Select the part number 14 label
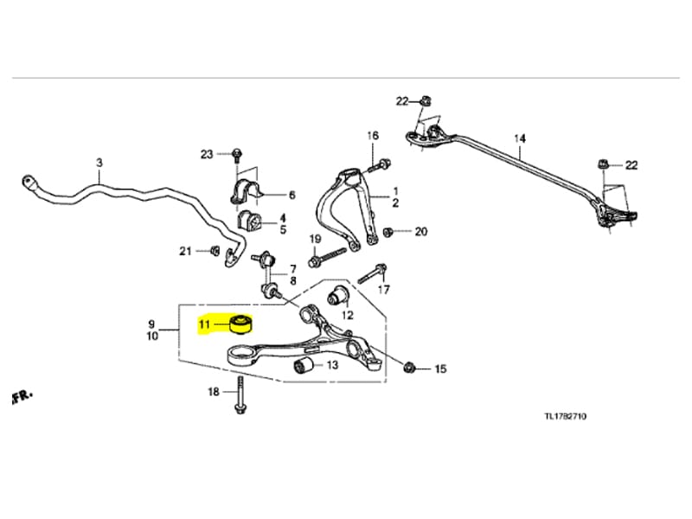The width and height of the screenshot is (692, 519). coord(519,138)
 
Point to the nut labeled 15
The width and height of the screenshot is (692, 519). coord(412,369)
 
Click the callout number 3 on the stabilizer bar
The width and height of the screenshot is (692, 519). coord(99,163)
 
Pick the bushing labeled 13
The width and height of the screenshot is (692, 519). coord(304,367)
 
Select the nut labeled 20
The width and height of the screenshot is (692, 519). coord(388,231)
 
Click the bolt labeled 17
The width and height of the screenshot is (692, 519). coord(370,273)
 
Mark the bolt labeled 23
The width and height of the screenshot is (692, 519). coord(235,154)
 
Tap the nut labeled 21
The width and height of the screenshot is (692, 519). coord(214,251)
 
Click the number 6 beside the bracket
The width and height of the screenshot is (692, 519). coord(292,195)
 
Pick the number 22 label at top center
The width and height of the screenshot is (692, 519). coord(402,101)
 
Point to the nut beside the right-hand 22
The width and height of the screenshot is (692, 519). coord(603,164)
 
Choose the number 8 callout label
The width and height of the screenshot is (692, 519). coord(292,281)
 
